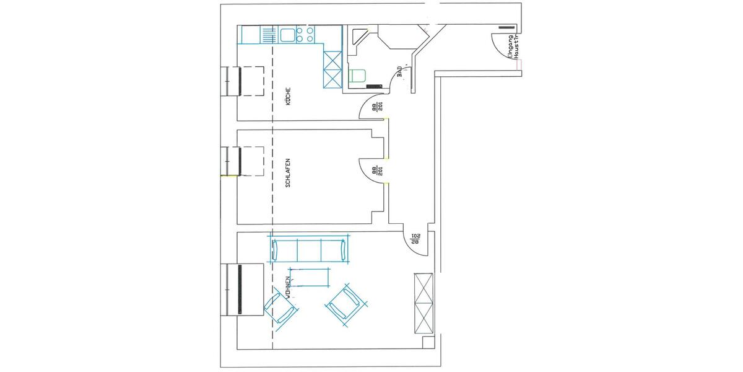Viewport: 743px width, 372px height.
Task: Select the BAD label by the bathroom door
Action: (401, 72)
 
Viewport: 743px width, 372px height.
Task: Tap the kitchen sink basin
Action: (287, 35)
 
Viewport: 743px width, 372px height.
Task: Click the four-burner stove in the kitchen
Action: (306, 35)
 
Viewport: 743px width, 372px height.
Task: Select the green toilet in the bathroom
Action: (358, 77)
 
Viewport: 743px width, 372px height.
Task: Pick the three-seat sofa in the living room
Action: (310, 249)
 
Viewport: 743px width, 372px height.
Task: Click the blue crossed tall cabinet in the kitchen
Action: (332, 68)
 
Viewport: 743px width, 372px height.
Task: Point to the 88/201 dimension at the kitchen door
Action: (376, 108)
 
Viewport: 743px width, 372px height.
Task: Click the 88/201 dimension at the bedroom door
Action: (376, 170)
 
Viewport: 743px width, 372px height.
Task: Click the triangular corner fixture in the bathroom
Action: (357, 38)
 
